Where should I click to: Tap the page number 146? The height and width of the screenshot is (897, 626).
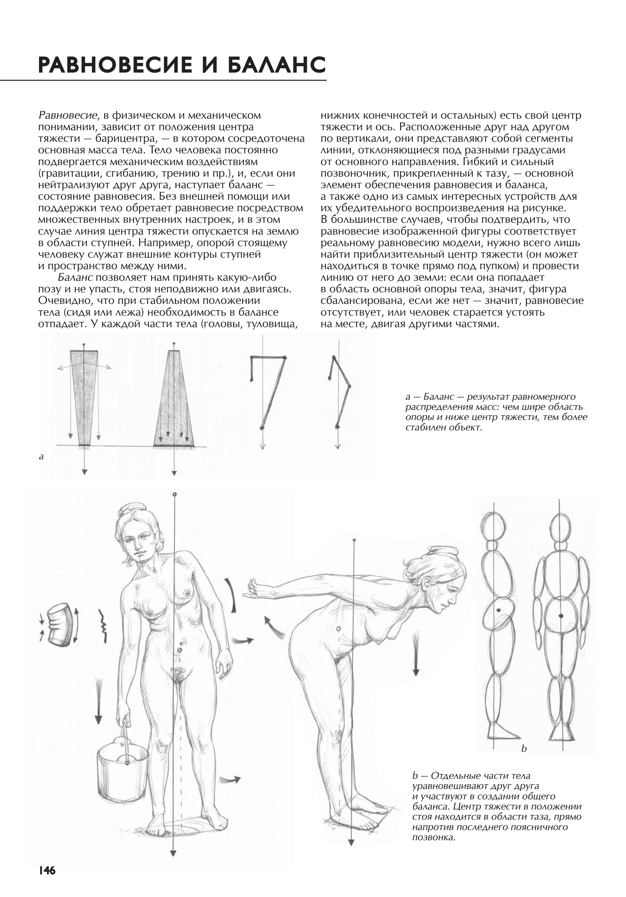(47, 870)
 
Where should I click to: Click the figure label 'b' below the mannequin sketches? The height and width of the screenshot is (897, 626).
(524, 749)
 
